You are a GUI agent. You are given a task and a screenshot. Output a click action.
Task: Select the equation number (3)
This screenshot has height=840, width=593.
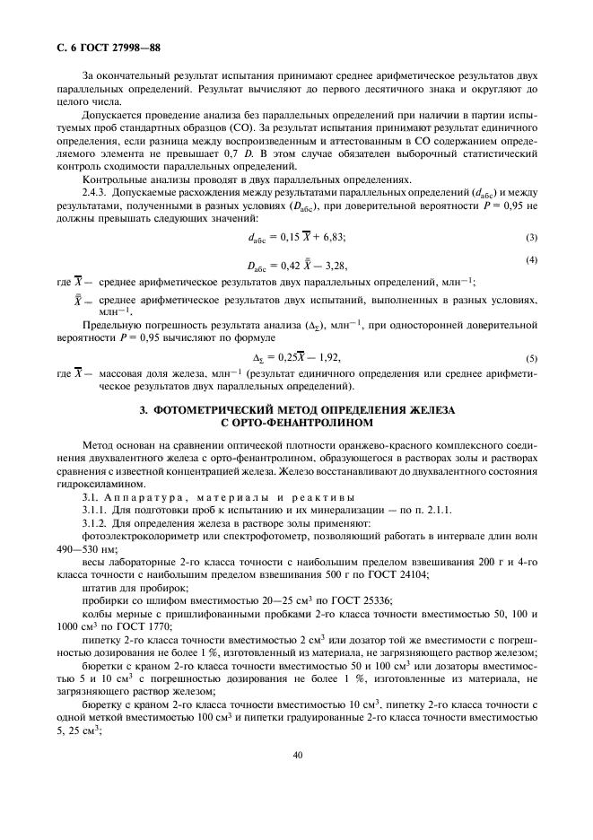coord(531,236)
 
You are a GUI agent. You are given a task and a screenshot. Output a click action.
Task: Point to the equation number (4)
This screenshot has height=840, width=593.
coord(531,260)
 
